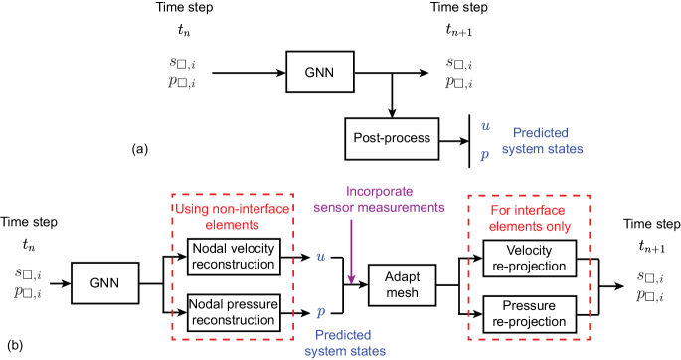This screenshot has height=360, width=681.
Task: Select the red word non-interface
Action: (x=243, y=210)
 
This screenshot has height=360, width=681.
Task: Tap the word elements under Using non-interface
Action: (x=232, y=225)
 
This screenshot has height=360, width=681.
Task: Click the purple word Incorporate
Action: (x=379, y=192)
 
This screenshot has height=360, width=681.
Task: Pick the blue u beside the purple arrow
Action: (x=320, y=256)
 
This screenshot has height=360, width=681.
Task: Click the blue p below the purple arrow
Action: (x=320, y=312)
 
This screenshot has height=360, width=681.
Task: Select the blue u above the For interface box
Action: (x=484, y=126)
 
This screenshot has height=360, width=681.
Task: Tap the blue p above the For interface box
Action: (x=484, y=154)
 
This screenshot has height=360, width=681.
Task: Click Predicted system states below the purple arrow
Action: (x=345, y=343)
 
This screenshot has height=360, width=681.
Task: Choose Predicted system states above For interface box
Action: (x=542, y=140)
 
